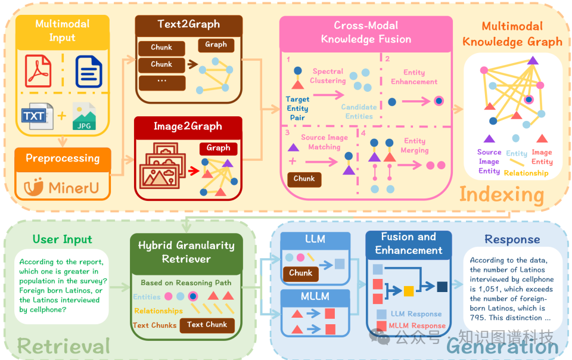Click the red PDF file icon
click(38, 70)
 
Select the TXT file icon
click(37, 116)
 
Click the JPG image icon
click(84, 117)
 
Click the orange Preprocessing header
click(63, 159)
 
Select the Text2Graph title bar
click(188, 24)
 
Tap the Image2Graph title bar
click(188, 126)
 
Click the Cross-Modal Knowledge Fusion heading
click(366, 32)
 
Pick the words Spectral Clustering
click(328, 76)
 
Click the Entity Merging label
click(415, 145)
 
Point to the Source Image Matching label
click(324, 142)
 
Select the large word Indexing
click(501, 194)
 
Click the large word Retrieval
click(64, 346)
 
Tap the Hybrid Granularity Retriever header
click(186, 252)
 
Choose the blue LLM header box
click(315, 239)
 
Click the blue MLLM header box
click(315, 294)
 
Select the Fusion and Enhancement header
click(408, 243)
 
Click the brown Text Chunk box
click(207, 325)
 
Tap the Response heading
click(512, 240)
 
